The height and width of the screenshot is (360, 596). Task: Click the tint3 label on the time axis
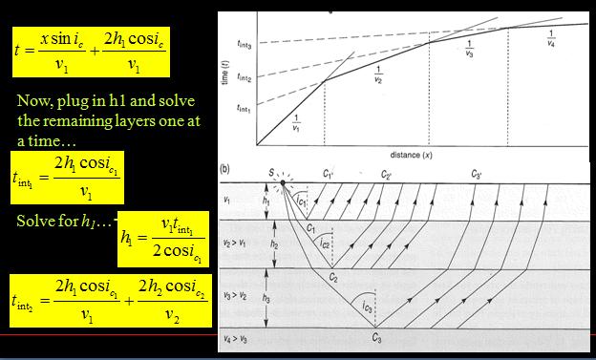244,44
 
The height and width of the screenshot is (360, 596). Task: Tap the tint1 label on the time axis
244,111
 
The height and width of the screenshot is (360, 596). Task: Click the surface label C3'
476,175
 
